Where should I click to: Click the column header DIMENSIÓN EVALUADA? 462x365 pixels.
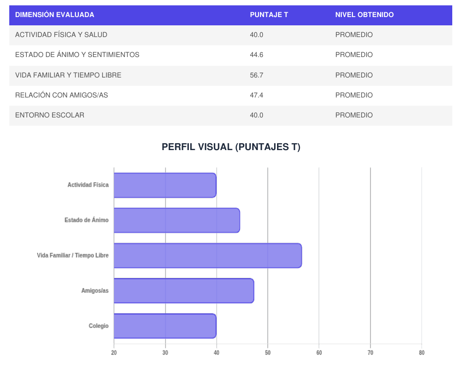click(x=55, y=15)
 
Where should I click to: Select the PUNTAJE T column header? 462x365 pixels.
click(x=269, y=15)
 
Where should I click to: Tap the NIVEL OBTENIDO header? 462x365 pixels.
click(x=364, y=15)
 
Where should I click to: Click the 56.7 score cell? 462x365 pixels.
click(x=257, y=75)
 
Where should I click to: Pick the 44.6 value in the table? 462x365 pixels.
click(x=257, y=55)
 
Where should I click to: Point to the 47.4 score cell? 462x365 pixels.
click(x=257, y=95)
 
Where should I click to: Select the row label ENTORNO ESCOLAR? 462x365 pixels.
click(x=50, y=115)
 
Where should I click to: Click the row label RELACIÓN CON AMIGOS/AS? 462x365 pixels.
click(x=61, y=95)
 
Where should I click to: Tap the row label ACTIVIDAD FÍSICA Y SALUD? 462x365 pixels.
click(x=61, y=35)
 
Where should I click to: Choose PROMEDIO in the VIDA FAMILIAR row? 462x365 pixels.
click(x=354, y=75)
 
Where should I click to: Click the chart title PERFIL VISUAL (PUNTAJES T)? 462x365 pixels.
click(x=231, y=147)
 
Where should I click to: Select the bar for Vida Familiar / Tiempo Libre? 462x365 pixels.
click(x=208, y=255)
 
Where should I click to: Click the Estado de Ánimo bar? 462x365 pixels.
click(x=177, y=220)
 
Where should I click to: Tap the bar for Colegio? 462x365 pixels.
click(x=165, y=326)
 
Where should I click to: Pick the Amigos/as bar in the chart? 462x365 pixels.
click(x=184, y=291)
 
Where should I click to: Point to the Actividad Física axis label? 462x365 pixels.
click(x=88, y=185)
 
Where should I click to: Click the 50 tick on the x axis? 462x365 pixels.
click(x=268, y=353)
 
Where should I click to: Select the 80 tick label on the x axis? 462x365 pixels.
click(x=422, y=353)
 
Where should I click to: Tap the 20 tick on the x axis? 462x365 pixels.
click(x=114, y=353)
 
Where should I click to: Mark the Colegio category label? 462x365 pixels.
click(x=99, y=326)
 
